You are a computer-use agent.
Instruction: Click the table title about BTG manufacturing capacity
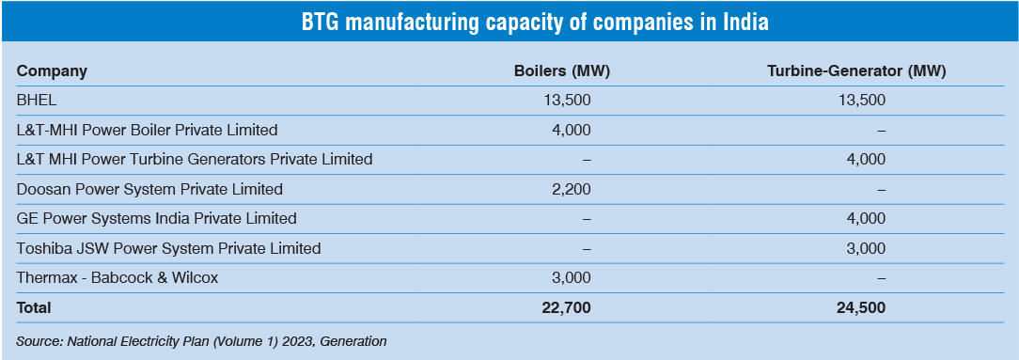point(509,22)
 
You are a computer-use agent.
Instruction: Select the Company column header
point(52,71)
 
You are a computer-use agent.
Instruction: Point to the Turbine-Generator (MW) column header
point(856,71)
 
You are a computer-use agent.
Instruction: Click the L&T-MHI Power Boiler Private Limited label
point(148,130)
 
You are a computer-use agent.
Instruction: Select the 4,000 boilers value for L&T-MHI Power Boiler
point(571,130)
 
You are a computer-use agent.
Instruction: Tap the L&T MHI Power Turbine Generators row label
point(195,159)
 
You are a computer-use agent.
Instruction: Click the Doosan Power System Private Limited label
point(149,189)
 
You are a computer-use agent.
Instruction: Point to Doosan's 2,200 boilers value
point(571,189)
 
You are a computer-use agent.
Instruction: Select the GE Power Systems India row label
point(157,219)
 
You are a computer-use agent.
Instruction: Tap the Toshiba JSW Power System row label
point(169,249)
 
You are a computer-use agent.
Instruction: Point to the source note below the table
point(201,341)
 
